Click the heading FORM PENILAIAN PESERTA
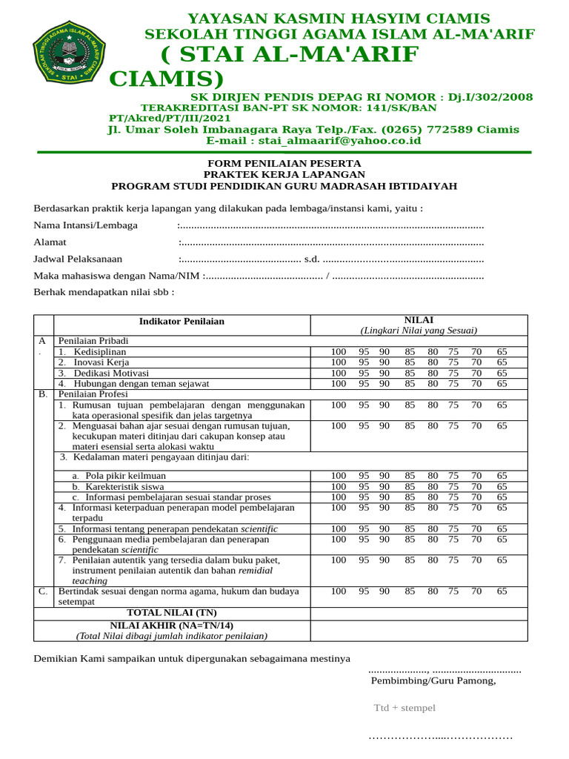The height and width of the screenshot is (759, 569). point(284,163)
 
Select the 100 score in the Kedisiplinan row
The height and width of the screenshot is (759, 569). point(339,351)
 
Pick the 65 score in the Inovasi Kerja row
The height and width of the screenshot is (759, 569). point(502,362)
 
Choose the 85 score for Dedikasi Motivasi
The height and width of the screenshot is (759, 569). point(410,373)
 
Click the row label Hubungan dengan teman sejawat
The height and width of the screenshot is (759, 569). point(141,384)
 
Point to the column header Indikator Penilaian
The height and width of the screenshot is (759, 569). point(182,322)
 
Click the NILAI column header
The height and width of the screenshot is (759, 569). point(419,319)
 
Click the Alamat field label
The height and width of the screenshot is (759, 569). point(50,242)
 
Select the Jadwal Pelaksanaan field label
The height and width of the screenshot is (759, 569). point(78,259)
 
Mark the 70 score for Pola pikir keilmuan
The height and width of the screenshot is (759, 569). point(476,476)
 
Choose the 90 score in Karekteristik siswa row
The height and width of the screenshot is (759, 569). point(385,486)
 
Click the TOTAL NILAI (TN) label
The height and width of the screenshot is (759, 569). point(172,613)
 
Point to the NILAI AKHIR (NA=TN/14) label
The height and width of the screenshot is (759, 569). point(172,626)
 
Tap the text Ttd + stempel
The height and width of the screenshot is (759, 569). point(405,708)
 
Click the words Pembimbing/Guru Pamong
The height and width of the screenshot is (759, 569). point(433,681)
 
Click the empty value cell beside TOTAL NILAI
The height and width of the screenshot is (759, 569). point(419,613)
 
